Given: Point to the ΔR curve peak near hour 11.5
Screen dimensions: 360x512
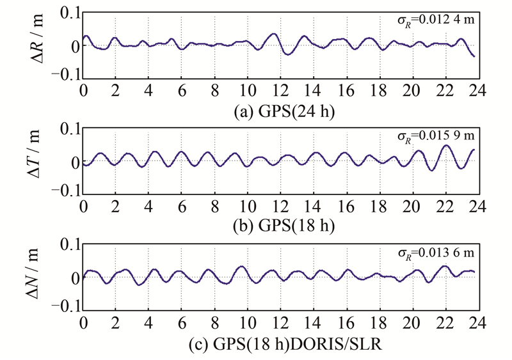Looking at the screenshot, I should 274,34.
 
